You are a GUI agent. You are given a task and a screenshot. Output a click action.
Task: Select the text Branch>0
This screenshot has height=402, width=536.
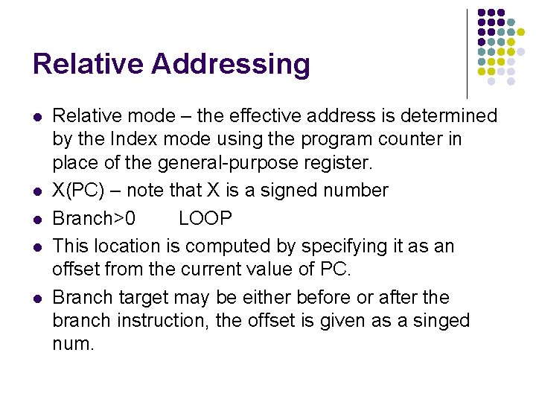click(x=94, y=219)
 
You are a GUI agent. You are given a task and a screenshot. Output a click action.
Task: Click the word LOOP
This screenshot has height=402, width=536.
click(x=205, y=219)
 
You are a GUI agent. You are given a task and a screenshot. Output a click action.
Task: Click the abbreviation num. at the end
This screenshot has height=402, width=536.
click(x=74, y=344)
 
